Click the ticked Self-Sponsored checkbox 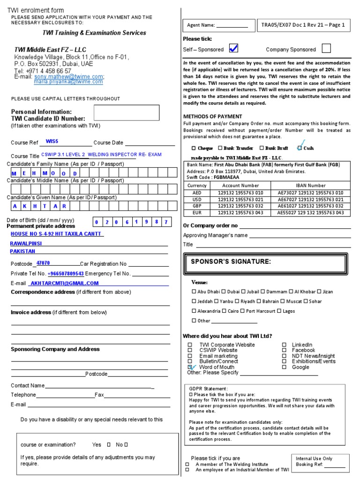[233, 48]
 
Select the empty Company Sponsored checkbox [326, 48]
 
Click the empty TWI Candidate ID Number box [127, 112]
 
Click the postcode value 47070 [43, 263]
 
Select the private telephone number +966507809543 [66, 273]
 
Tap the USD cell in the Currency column [197, 199]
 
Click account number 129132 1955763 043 [240, 212]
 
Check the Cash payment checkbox [300, 148]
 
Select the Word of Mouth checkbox [190, 367]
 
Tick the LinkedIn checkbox [284, 345]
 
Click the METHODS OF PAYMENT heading [212, 116]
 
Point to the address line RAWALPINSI [26, 244]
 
